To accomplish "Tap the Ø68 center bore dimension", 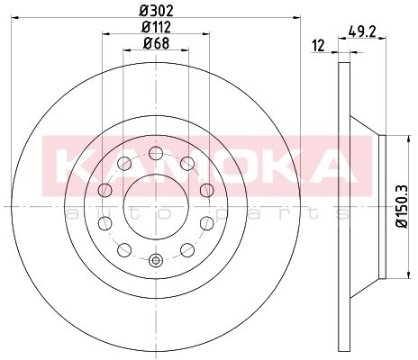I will pos(156,43).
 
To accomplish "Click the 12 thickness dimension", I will pos(318,45).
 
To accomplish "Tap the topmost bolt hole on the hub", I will pos(155,150).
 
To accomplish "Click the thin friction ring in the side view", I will pos(342,207).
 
